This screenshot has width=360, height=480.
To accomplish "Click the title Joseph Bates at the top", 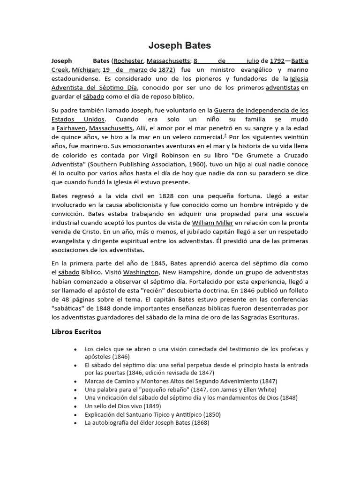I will [180, 45].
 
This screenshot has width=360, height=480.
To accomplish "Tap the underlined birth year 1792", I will [277, 61].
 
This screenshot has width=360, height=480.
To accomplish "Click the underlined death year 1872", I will [165, 70].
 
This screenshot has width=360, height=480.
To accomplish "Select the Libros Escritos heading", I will [76, 332].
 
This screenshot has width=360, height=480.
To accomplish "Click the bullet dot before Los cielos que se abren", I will [75, 349].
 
